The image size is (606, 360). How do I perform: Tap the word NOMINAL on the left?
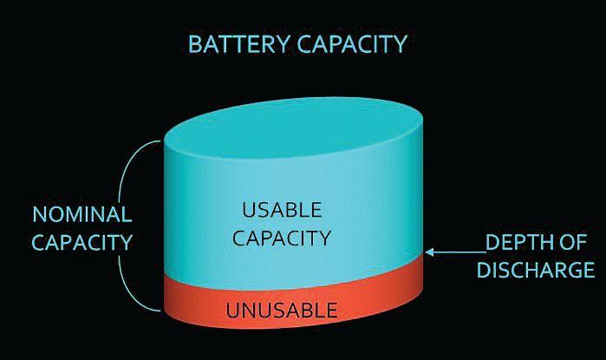click(81, 214)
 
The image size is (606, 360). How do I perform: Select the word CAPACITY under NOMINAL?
click(81, 242)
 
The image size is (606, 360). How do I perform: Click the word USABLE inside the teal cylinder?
click(282, 209)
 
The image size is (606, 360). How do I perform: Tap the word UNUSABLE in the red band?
click(282, 309)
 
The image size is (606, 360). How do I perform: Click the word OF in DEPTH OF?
click(576, 244)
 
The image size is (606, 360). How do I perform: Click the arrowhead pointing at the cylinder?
click(431, 252)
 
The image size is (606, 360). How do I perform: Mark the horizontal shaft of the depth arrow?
click(455, 252)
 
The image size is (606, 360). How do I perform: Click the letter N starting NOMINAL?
click(40, 214)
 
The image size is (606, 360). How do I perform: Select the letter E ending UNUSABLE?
click(332, 309)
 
